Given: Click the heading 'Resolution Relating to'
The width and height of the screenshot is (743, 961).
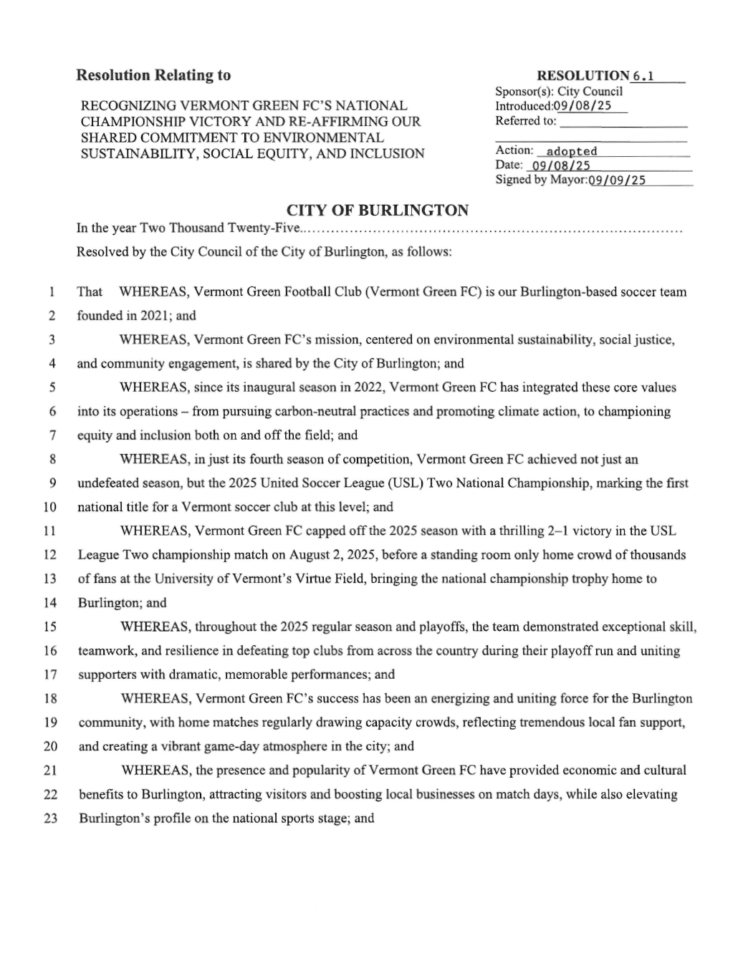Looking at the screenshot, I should (x=153, y=75).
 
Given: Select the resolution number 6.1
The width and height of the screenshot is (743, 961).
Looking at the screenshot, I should (x=643, y=76).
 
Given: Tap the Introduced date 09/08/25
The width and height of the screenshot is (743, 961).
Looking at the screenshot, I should (x=583, y=106).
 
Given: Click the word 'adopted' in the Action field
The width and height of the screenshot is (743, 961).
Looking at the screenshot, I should (x=571, y=151).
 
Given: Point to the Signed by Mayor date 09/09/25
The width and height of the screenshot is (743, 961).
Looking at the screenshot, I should (x=616, y=180).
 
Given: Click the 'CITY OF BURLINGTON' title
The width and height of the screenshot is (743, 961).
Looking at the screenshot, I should (x=378, y=210).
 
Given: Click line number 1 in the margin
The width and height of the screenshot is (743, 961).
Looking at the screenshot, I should (x=52, y=292).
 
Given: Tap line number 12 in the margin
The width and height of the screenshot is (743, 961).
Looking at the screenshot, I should (x=50, y=555).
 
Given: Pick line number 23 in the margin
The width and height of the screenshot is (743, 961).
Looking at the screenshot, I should (x=50, y=818).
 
